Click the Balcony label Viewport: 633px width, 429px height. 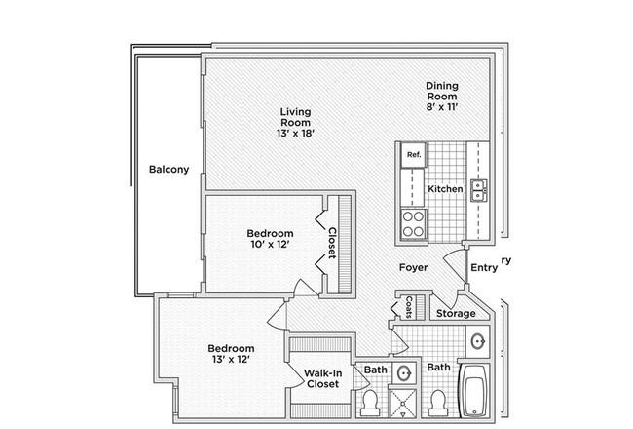pos(168,169)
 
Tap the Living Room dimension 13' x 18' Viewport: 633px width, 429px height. pos(295,134)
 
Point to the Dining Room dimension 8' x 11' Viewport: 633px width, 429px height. pos(442,107)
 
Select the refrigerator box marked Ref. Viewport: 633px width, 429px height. pos(413,155)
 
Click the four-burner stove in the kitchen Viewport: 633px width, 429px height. pos(413,223)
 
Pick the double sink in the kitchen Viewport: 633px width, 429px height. pos(479,190)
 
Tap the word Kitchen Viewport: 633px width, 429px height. pos(445,189)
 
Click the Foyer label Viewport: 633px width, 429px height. pos(413,267)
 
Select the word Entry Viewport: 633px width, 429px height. pos(484,268)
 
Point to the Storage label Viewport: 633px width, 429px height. pos(456,313)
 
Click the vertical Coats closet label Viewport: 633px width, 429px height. pos(409,307)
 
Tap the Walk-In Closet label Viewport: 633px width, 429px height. pos(322,378)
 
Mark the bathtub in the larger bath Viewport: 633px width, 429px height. pos(475,391)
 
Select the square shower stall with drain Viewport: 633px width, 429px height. pos(402,403)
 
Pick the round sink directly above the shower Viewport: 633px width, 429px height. pos(403,373)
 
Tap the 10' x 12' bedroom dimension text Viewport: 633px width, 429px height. pos(270,244)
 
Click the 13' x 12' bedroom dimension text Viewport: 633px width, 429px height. pos(232,359)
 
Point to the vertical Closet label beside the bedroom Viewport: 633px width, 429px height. pos(332,243)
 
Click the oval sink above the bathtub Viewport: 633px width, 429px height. pos(478,341)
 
